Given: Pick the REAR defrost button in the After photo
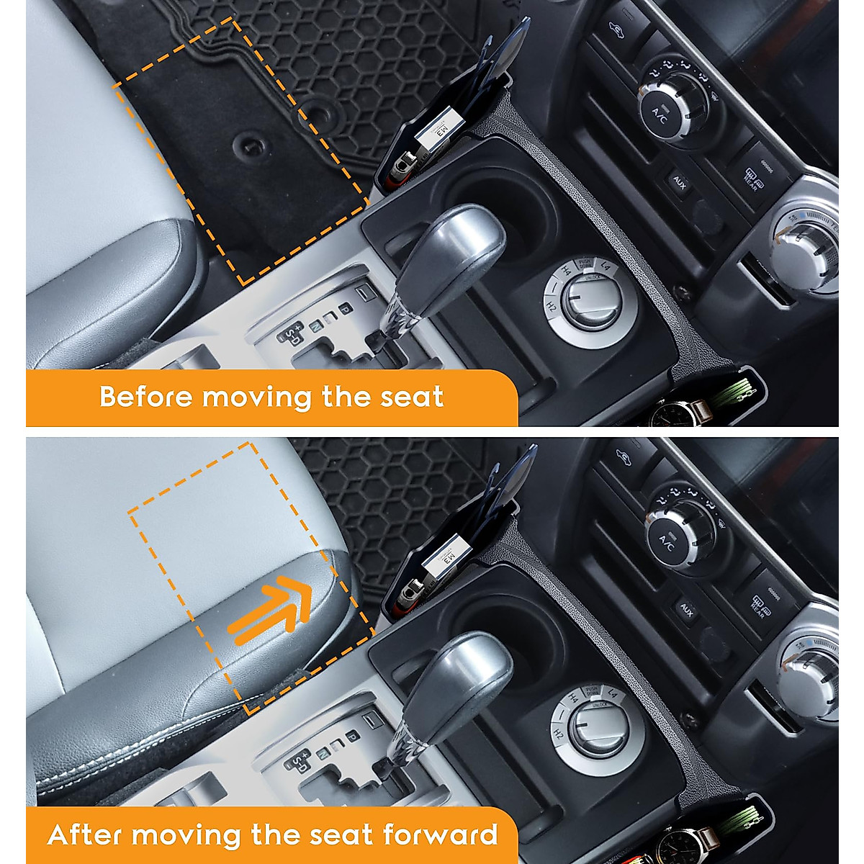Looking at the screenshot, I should tap(767, 603).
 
